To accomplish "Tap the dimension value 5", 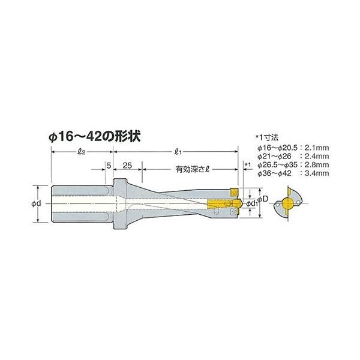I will (x=109, y=164).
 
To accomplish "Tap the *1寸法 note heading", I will (x=268, y=137).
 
